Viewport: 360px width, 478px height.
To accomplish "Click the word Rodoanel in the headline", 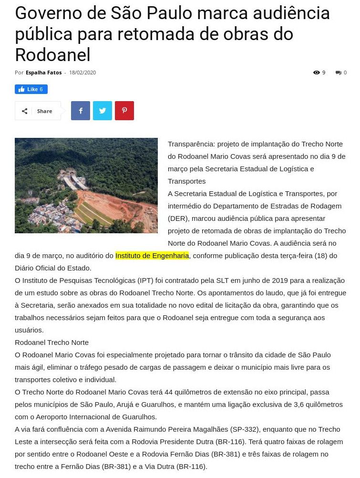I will coord(52,55).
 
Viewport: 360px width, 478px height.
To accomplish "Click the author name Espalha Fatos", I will coord(43,73).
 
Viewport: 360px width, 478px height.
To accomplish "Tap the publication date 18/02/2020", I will coord(82,73).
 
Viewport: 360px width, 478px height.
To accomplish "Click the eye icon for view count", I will coord(316,73).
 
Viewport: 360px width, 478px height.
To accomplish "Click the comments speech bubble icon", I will coord(338,73).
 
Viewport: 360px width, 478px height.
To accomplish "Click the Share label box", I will coord(38,111).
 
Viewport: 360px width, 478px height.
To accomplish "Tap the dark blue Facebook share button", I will coord(81,111).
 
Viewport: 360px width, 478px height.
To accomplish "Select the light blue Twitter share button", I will coord(103,111).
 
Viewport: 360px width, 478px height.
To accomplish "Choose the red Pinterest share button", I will coord(124,111).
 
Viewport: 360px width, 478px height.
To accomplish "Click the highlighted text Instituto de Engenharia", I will coord(152,256).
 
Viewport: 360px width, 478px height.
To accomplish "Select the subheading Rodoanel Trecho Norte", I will coord(51,343).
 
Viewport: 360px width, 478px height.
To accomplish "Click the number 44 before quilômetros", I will coord(168,392).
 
